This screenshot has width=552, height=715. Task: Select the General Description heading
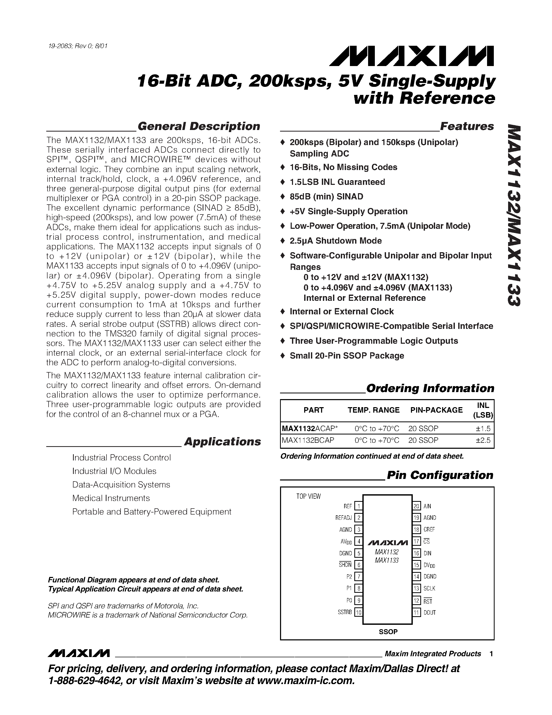[x=198, y=126]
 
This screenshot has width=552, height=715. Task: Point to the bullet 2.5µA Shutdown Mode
[x=336, y=241]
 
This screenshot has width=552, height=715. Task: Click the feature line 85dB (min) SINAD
[x=326, y=197]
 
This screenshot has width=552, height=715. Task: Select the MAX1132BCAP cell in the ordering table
[x=308, y=440]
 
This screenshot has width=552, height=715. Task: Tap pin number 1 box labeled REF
[x=358, y=506]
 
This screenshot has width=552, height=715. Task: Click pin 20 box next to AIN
[x=416, y=506]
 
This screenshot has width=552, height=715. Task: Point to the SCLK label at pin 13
[x=429, y=588]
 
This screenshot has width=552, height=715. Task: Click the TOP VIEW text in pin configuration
[x=308, y=497]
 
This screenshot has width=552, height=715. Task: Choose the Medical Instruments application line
[x=111, y=498]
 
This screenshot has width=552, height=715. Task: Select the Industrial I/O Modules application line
[x=114, y=471]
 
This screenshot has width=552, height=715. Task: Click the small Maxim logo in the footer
[x=78, y=653]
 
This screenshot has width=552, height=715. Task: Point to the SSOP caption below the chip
[x=388, y=632]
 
